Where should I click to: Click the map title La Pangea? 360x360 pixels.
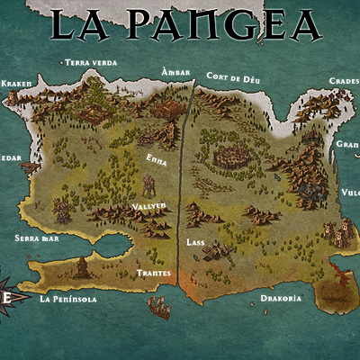(184, 24)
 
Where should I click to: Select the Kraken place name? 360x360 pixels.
(17, 83)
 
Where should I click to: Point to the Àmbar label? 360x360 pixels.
(175, 71)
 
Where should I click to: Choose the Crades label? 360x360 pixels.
(344, 80)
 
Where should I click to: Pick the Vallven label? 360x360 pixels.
(148, 206)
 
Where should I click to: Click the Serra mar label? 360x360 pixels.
(37, 238)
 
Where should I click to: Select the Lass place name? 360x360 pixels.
(195, 243)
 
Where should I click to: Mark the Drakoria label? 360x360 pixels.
(281, 298)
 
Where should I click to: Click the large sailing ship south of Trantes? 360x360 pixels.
(158, 307)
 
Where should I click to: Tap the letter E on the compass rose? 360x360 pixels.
(5, 297)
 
